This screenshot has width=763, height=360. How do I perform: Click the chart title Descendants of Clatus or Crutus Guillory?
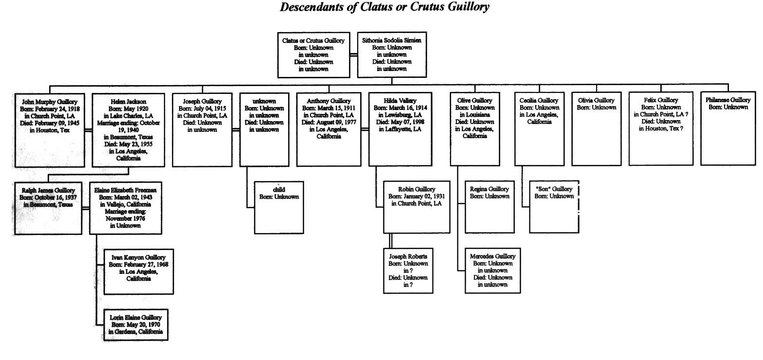[x=384, y=7]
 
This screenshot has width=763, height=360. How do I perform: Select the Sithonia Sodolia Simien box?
[x=392, y=54]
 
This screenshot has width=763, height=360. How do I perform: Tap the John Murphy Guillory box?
[x=50, y=130]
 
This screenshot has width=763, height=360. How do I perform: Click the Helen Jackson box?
[x=128, y=130]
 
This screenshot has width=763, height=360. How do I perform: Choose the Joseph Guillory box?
[x=202, y=130]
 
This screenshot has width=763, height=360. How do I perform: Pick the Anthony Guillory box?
[x=329, y=129]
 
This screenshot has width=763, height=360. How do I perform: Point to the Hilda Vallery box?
[x=400, y=129]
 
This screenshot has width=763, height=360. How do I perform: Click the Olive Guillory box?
[x=475, y=129]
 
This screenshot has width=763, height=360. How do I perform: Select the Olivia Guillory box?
[x=597, y=129]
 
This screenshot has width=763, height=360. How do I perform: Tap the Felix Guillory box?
[x=661, y=128]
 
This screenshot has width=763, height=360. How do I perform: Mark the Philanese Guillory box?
[x=728, y=128]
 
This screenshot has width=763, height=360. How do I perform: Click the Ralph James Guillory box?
[x=48, y=208]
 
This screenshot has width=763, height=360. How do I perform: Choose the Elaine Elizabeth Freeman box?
[x=126, y=208]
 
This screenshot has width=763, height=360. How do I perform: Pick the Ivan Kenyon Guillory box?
[x=139, y=271]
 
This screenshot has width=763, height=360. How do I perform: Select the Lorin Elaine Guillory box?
[x=136, y=324]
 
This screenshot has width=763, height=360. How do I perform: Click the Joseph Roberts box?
[x=408, y=271]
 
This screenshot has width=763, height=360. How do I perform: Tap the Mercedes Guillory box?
[x=492, y=270]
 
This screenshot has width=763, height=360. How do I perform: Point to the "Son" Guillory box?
[x=554, y=207]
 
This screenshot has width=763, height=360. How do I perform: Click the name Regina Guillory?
[x=489, y=189]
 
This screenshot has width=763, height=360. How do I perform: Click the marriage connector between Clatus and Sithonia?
[x=354, y=54]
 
